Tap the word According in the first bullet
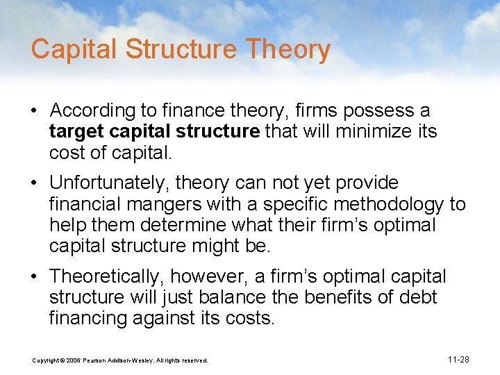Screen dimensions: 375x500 point(88,110)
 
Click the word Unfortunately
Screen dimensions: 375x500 point(109,183)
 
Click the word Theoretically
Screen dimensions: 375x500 point(107,276)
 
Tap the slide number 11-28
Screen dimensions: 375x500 point(458,360)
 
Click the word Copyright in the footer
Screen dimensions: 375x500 point(46,360)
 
